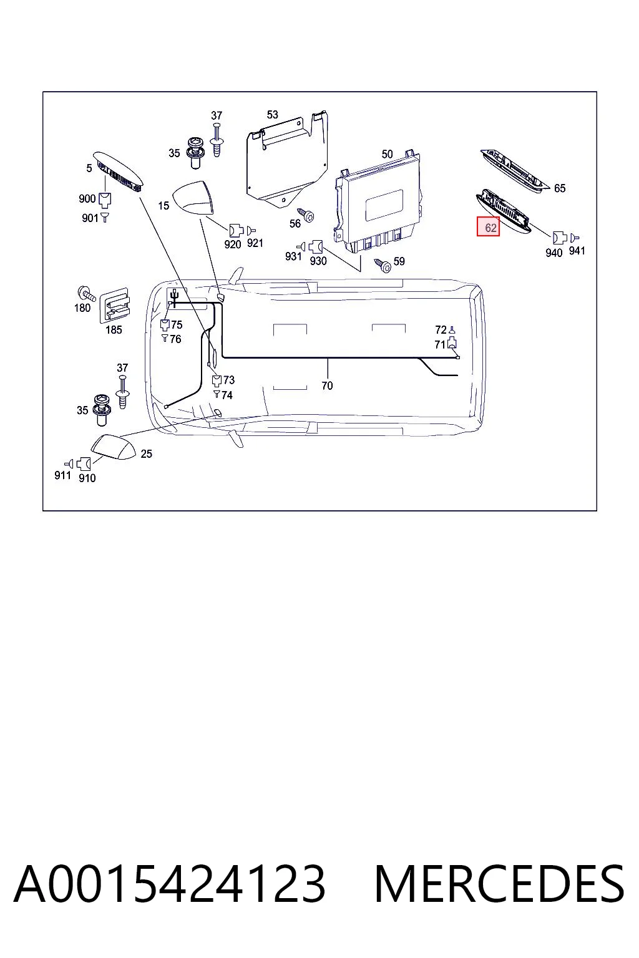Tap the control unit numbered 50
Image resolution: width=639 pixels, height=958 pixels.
click(378, 206)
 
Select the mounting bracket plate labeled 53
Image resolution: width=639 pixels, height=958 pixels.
click(287, 160)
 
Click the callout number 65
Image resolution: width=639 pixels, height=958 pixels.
click(559, 188)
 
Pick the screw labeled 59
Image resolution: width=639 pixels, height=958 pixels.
click(383, 266)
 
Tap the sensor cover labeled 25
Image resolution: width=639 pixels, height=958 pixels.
click(113, 447)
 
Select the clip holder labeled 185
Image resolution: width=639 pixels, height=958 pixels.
click(114, 306)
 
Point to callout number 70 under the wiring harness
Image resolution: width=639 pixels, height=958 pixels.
click(327, 386)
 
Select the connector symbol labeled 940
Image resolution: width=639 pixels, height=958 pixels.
click(559, 238)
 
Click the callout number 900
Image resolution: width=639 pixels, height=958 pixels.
click(87, 199)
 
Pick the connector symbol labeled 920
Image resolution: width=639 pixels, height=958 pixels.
click(237, 231)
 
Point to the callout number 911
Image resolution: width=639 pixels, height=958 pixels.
click(62, 475)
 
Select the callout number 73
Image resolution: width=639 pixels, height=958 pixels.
click(229, 380)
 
